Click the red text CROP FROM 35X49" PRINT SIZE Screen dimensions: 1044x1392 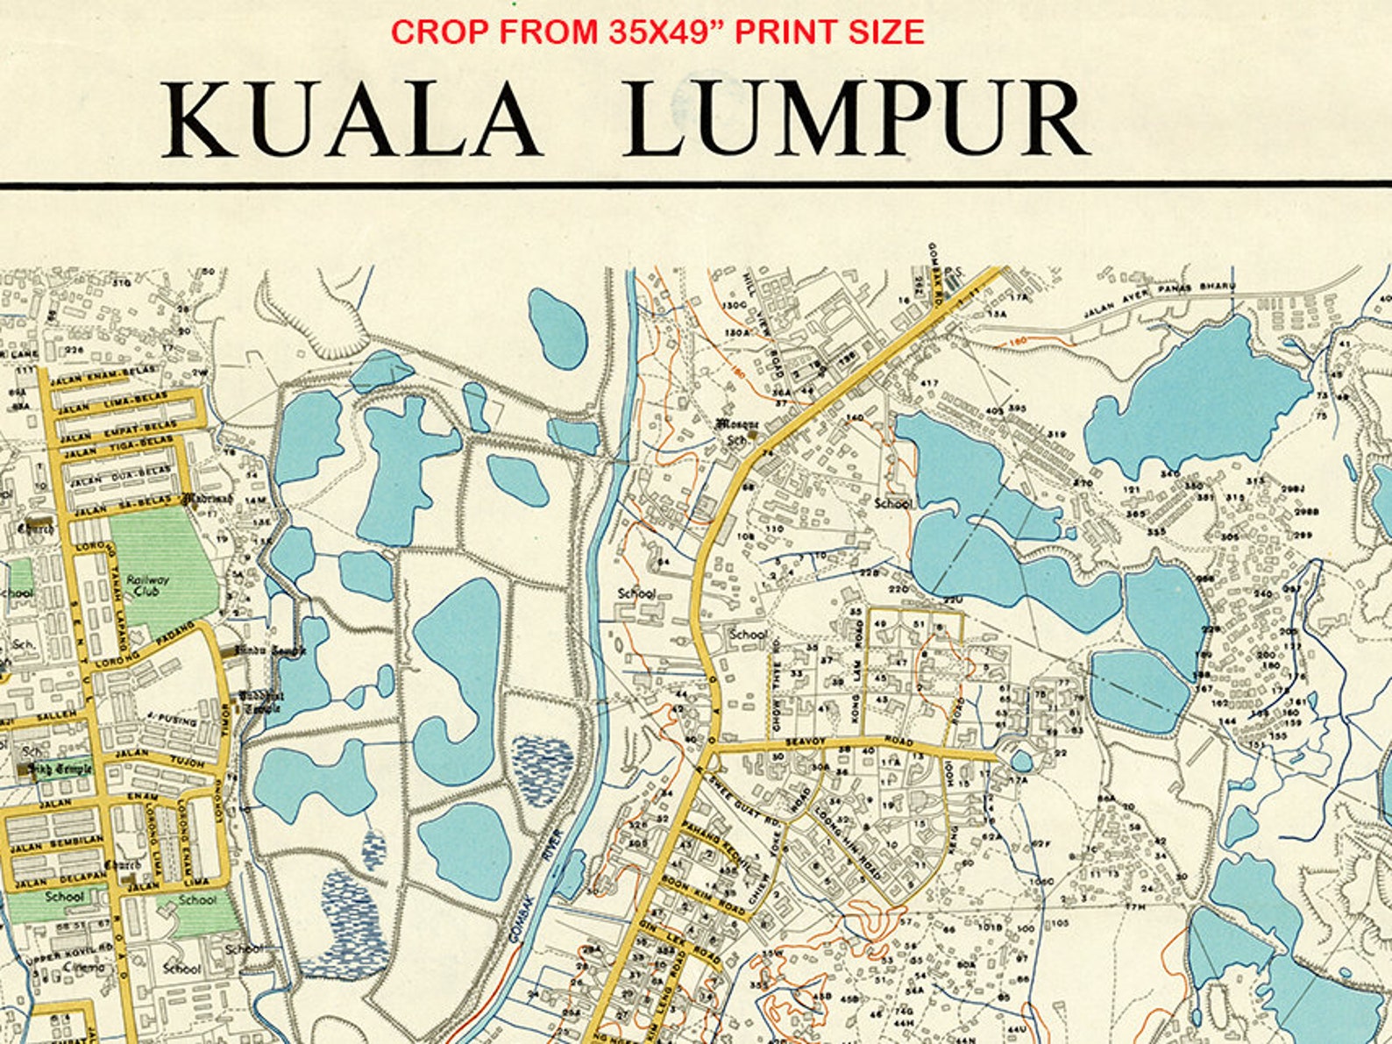[657, 32]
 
